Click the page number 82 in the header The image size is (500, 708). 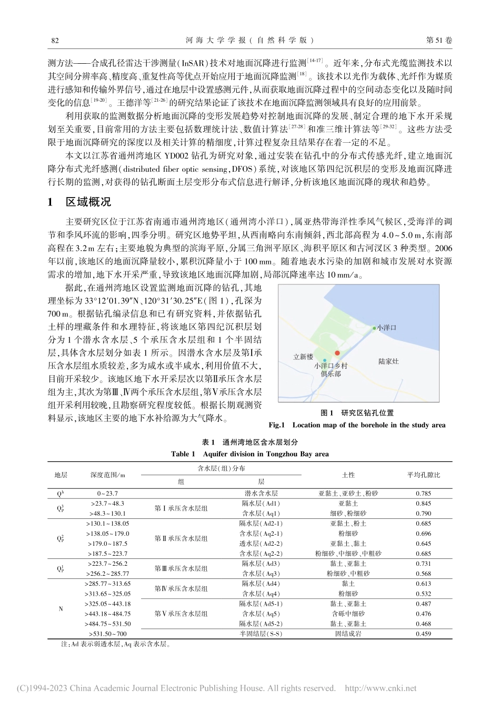tap(54, 40)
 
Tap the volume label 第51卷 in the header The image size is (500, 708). tap(438, 40)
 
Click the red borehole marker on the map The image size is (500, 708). tap(337, 353)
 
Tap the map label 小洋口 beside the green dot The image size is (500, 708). tap(387, 328)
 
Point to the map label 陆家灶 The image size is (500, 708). tap(388, 362)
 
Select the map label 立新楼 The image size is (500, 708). tap(303, 357)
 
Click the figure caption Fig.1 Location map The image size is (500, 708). tap(357, 425)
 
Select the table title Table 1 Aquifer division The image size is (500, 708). tap(250, 454)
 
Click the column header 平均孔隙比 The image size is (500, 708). tap(423, 475)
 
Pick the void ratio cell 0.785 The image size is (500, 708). tap(423, 494)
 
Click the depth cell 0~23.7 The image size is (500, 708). tap(107, 494)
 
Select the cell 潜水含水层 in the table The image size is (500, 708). tap(261, 494)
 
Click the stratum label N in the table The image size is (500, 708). tap(61, 609)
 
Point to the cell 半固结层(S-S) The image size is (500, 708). tap(261, 634)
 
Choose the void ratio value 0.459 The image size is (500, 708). tap(423, 634)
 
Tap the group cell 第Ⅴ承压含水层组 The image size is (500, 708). tap(181, 614)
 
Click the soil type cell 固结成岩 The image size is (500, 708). tap(348, 634)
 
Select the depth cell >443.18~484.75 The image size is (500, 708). tap(107, 614)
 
